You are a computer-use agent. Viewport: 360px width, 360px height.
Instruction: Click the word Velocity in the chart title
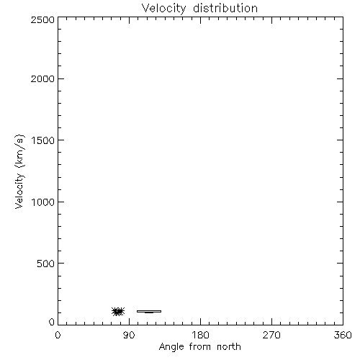[x=163, y=9]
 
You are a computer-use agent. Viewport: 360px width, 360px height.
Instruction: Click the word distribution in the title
[x=225, y=8]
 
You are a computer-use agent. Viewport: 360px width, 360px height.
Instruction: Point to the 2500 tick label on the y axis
[x=42, y=19]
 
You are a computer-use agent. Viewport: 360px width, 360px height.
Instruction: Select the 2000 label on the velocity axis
[x=42, y=78]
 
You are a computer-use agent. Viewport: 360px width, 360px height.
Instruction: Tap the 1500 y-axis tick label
[x=43, y=140]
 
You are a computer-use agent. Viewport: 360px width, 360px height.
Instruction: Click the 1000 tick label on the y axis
[x=43, y=202]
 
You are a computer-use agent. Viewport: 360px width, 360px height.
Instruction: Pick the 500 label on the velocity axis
[x=46, y=264]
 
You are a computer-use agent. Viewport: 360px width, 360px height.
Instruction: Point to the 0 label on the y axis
[x=52, y=322]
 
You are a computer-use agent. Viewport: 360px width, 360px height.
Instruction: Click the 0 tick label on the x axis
[x=58, y=335]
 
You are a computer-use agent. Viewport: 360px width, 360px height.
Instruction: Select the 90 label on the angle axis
[x=129, y=335]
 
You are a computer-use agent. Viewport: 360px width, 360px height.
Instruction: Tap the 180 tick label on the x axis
[x=200, y=335]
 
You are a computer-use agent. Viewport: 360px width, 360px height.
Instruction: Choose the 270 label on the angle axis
[x=271, y=335]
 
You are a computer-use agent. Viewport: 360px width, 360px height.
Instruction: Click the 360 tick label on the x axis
[x=343, y=335]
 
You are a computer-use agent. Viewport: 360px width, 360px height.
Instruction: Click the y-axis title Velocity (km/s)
[x=19, y=171]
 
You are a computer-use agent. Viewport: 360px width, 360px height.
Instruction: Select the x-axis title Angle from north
[x=200, y=347]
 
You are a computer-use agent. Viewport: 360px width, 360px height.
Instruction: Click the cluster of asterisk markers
[x=118, y=311]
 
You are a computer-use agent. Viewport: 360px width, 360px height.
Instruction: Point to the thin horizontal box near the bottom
[x=149, y=311]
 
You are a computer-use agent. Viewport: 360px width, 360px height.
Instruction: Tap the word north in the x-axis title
[x=229, y=346]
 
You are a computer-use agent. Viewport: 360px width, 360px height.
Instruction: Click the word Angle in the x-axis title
[x=171, y=347]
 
